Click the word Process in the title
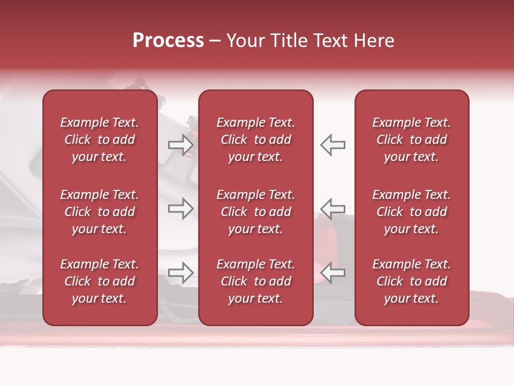point(168,41)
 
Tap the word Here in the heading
point(373,41)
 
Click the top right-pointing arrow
point(180,145)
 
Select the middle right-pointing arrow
point(180,209)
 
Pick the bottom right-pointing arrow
point(180,273)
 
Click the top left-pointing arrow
point(332,145)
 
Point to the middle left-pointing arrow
point(332,209)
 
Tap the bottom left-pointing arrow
point(332,273)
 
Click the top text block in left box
point(100,140)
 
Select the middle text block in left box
point(100,212)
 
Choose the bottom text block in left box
point(100,281)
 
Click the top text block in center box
point(255,140)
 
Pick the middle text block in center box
point(255,212)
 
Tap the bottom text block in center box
point(255,281)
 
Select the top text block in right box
point(411,140)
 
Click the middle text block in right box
point(411,212)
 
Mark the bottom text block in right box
point(411,281)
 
